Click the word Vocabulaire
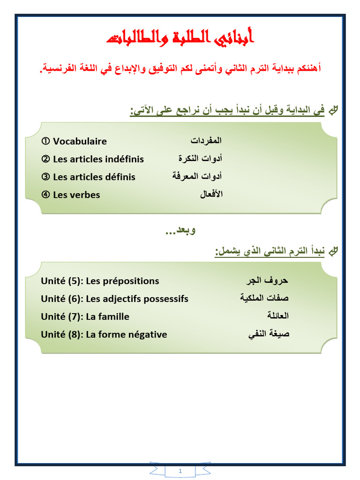(80, 141)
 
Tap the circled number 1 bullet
(45, 141)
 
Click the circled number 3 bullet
(45, 177)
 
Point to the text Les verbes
(76, 195)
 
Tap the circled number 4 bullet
(45, 195)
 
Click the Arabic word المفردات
(206, 141)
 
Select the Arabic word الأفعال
(211, 194)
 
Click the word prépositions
(130, 281)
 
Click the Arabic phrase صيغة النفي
(269, 334)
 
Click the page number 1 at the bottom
(180, 471)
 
